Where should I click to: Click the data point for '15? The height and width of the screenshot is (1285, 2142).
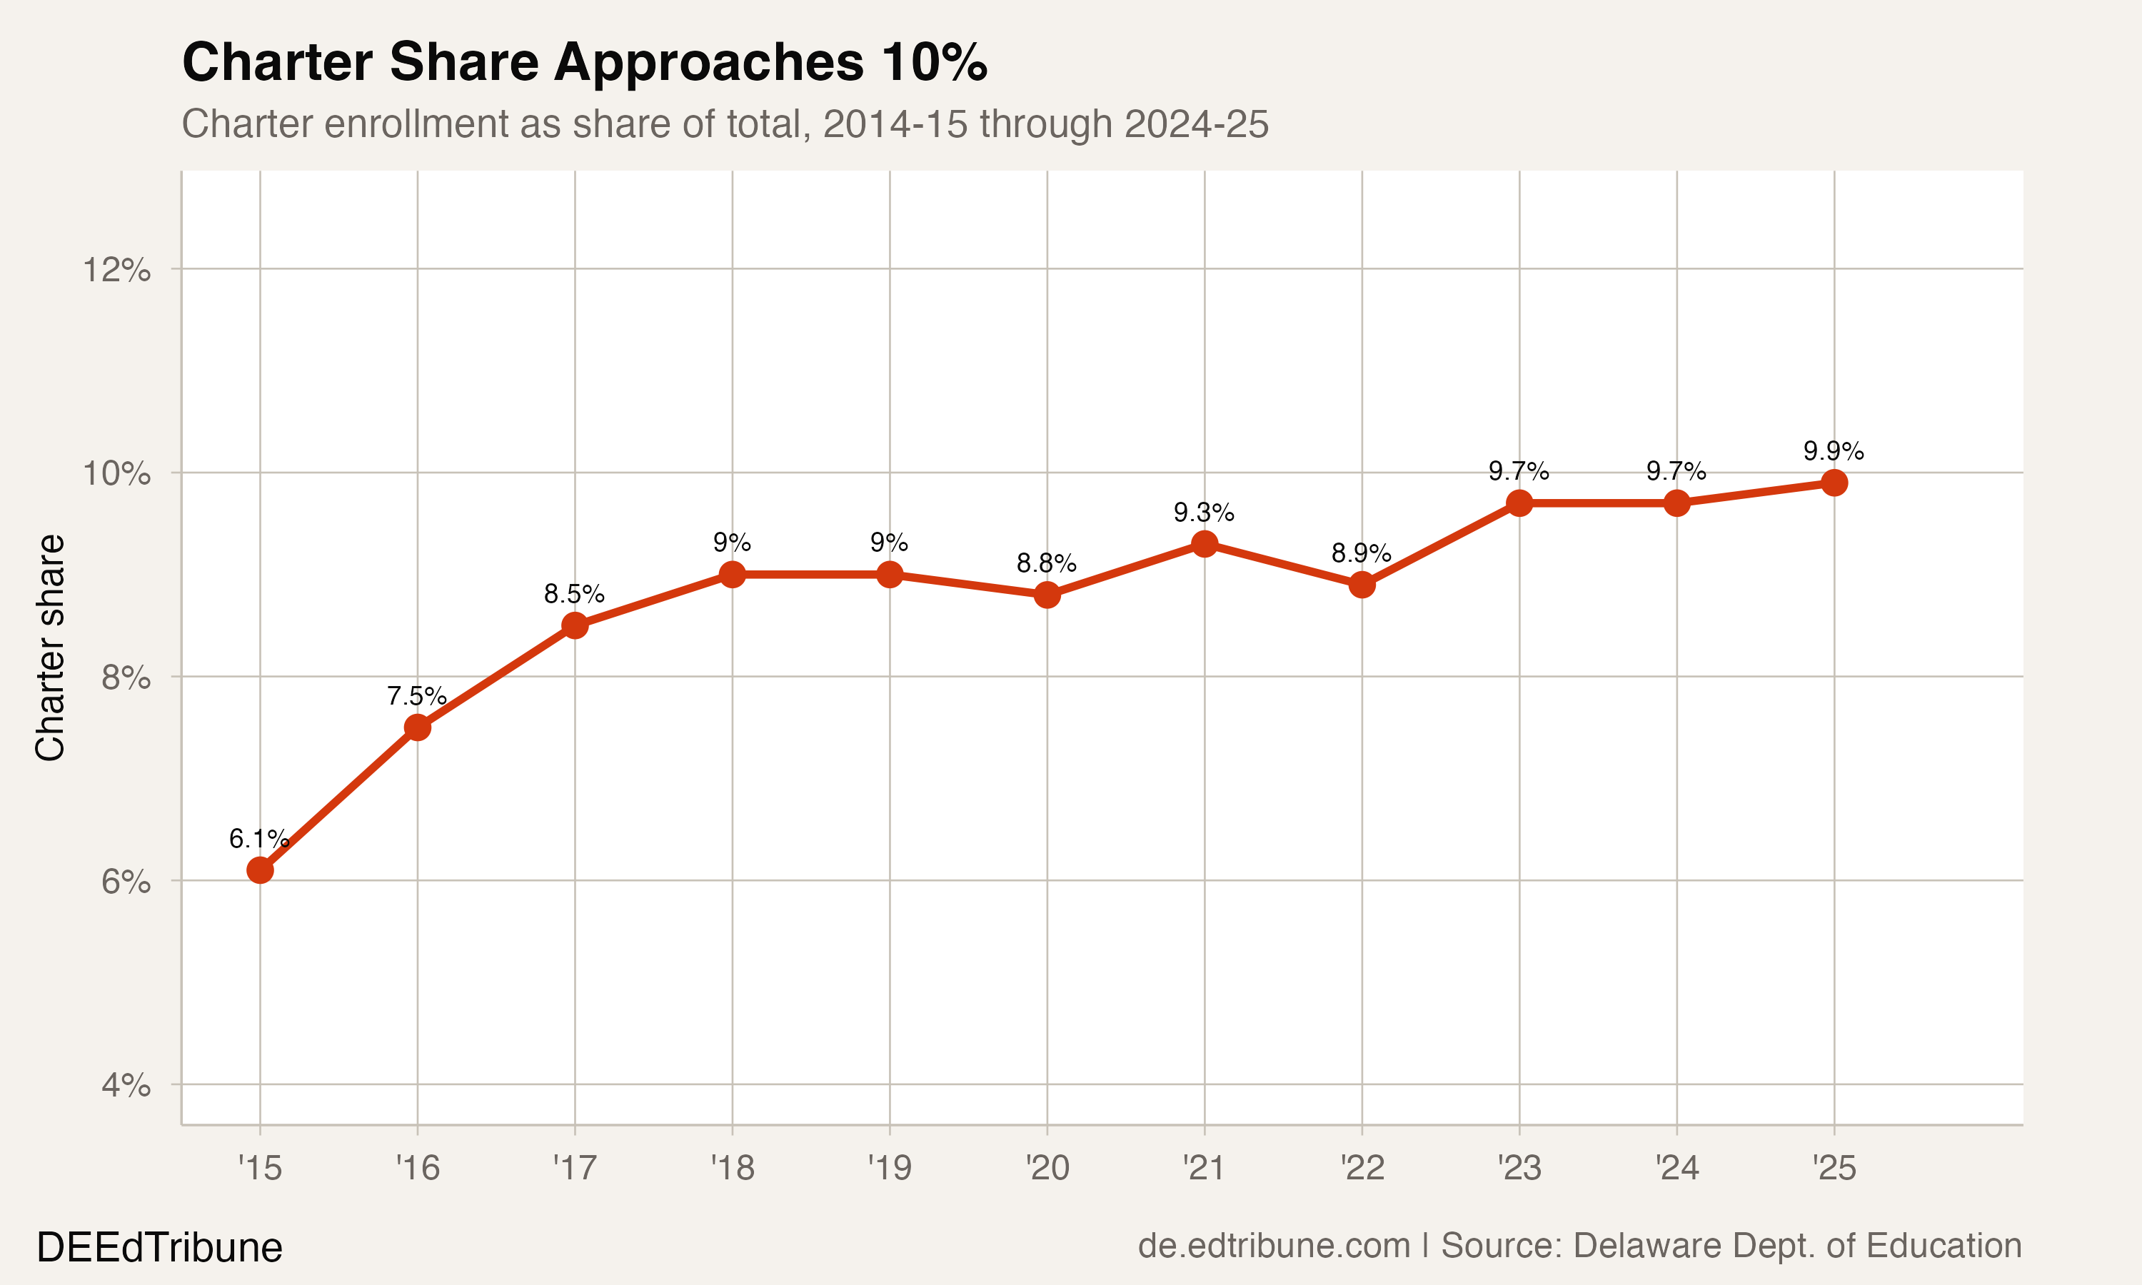coord(260,870)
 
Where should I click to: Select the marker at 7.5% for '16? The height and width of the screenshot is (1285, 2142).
coord(417,727)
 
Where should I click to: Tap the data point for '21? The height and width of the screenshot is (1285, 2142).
coord(1205,544)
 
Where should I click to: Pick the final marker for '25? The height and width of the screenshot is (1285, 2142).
coord(1834,483)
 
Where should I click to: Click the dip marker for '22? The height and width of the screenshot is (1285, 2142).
coord(1362,585)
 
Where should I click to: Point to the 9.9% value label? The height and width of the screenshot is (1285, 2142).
coord(1833,451)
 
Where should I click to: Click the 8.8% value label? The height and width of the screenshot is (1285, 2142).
coord(1046,564)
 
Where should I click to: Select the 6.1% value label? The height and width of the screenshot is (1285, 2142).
coord(258,838)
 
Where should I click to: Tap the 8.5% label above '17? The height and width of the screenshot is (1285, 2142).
coord(574,594)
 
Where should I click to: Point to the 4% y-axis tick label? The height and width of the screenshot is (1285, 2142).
coord(126,1085)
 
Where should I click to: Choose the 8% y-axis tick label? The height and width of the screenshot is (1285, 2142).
coord(126,677)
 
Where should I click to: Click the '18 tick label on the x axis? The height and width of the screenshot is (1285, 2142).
coord(733,1168)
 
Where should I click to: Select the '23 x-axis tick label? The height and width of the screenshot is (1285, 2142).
coord(1519,1168)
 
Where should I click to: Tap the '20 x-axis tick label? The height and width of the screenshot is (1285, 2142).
coord(1047,1168)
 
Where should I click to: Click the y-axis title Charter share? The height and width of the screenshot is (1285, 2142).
coord(50,647)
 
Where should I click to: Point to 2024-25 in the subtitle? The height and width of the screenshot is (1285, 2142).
coord(1196,124)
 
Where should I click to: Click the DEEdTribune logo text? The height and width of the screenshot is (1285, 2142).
coord(159,1248)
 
